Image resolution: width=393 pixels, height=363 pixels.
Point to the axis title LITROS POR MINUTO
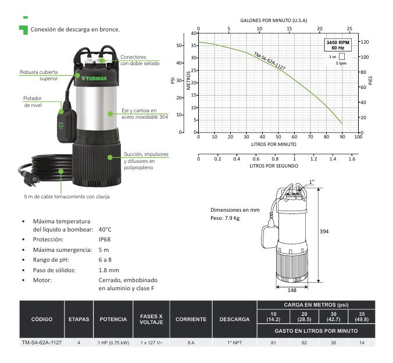[274, 144]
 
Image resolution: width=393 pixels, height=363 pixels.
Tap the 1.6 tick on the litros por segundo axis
[351, 158]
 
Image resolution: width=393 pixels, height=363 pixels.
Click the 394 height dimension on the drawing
[324, 232]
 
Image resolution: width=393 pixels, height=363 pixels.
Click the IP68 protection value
[104, 239]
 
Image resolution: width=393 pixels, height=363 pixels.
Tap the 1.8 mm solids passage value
[109, 270]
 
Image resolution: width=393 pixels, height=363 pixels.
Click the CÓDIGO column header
[41, 319]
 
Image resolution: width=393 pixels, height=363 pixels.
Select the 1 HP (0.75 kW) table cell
[113, 343]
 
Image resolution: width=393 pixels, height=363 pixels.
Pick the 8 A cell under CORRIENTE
[191, 343]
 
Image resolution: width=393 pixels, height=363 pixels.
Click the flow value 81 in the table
[273, 343]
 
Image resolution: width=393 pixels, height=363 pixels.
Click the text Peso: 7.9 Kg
[224, 219]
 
